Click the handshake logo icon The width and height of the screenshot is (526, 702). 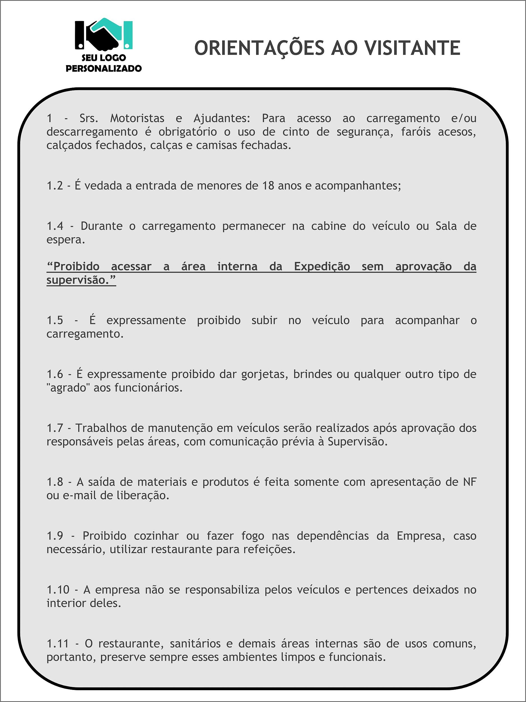103,34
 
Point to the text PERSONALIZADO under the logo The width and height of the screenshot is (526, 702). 104,69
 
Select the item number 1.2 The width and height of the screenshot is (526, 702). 54,186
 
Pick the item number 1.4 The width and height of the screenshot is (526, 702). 54,226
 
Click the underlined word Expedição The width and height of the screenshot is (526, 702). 322,266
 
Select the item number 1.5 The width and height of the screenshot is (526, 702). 54,320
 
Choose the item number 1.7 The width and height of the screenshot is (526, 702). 54,428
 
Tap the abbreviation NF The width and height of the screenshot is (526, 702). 470,482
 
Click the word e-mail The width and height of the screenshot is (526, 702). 80,495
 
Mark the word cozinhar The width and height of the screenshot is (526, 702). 156,536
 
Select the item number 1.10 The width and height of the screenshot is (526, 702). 58,590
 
